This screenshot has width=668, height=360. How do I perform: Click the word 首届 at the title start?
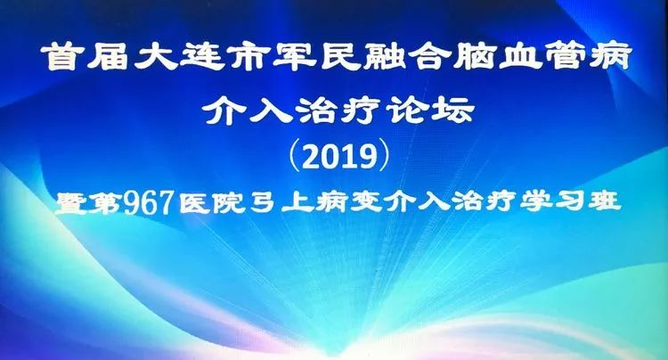point(85,57)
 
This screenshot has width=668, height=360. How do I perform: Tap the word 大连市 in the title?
point(200,57)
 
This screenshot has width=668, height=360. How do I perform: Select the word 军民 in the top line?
point(316,57)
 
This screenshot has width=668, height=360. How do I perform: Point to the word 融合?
point(406,57)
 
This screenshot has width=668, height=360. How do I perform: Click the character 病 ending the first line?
point(608,57)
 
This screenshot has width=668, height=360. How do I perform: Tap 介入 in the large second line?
point(246,111)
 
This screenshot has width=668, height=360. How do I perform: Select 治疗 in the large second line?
point(338,111)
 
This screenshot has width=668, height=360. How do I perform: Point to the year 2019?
point(341,157)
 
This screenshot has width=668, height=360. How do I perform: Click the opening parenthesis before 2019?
point(295,157)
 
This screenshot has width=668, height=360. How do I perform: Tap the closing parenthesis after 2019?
point(385,157)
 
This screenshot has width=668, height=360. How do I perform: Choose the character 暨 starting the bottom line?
point(71,203)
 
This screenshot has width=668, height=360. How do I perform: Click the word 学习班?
point(570,201)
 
